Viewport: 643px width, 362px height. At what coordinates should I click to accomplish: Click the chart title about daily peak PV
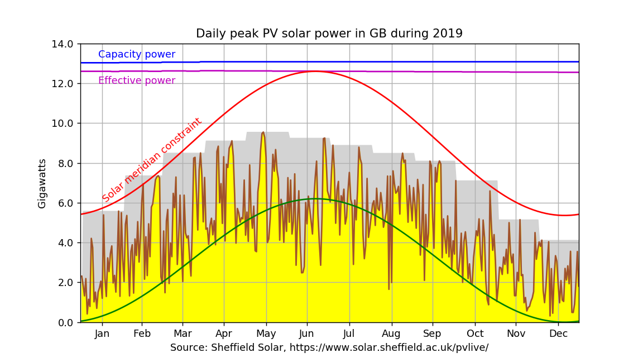click(x=329, y=34)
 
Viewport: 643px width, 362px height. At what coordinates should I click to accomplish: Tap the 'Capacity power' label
click(x=137, y=55)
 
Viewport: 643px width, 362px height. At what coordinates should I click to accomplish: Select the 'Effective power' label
click(x=137, y=80)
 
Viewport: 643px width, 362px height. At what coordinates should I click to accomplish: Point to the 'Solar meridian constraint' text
click(x=152, y=160)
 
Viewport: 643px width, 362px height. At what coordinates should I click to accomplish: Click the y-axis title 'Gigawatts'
click(x=42, y=183)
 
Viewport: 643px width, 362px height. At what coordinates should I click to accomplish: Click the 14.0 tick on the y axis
click(x=62, y=44)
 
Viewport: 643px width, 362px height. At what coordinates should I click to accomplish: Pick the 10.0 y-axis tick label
click(x=62, y=123)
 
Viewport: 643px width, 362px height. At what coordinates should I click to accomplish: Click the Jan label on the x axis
click(x=102, y=334)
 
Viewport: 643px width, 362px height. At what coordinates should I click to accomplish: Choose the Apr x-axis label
click(x=224, y=334)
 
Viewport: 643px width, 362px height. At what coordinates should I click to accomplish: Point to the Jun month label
click(x=306, y=334)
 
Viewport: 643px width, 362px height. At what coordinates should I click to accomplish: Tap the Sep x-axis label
click(x=432, y=334)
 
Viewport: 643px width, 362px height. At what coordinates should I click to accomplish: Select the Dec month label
click(x=558, y=334)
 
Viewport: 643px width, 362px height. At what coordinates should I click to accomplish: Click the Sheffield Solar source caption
click(x=329, y=347)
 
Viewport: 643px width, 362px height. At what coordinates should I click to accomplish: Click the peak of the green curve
click(x=316, y=198)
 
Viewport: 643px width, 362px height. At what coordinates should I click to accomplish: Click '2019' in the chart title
click(x=448, y=34)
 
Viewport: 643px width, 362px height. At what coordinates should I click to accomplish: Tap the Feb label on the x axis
click(x=142, y=334)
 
